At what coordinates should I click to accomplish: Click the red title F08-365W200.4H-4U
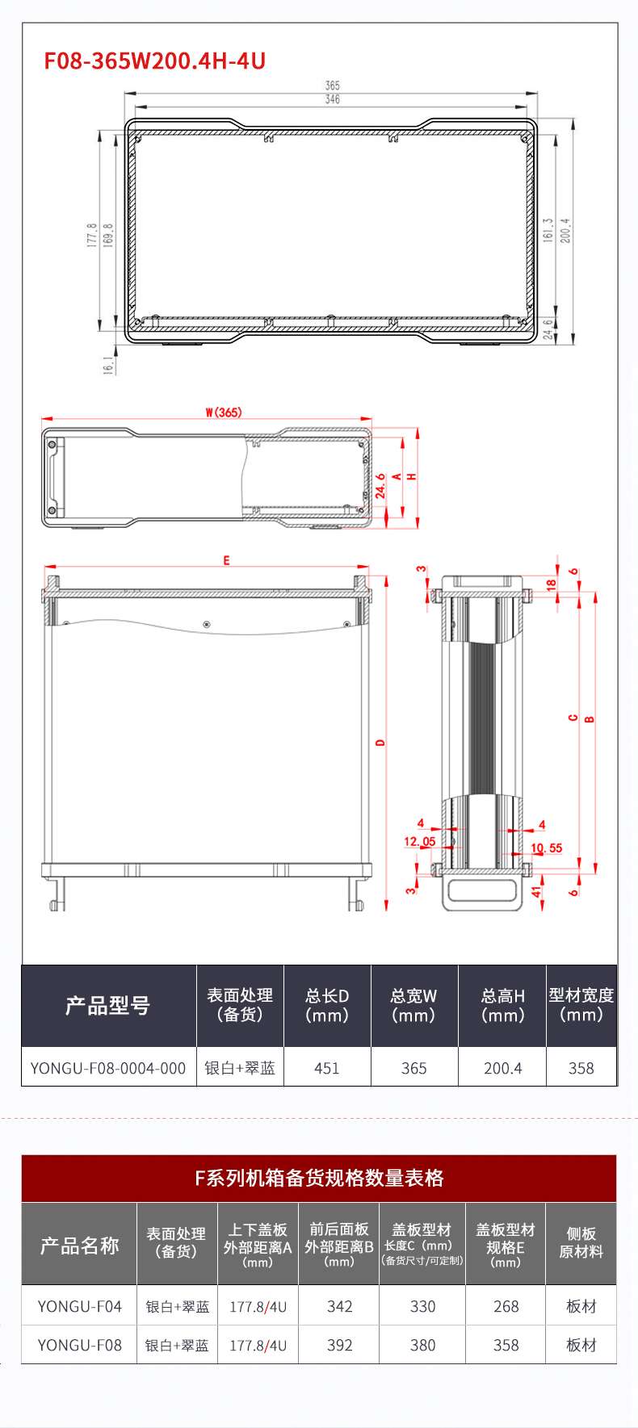click(154, 61)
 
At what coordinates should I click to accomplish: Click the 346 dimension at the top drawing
click(332, 99)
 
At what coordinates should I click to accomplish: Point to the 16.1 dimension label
click(108, 365)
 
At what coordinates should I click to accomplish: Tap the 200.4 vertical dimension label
click(565, 230)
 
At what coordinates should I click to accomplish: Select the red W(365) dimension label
click(223, 412)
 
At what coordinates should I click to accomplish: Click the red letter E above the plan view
click(226, 560)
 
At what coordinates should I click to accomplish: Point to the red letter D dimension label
click(380, 742)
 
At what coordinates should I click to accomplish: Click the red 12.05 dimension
click(419, 841)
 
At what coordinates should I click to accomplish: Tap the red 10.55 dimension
click(547, 848)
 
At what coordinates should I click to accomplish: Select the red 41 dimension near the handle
click(535, 892)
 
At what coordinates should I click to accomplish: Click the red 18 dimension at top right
click(551, 584)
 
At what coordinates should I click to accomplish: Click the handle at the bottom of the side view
click(481, 893)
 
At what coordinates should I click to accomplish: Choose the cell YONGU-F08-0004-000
click(108, 1068)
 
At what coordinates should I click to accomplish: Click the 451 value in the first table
click(327, 1068)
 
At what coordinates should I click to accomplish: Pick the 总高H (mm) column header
click(502, 1005)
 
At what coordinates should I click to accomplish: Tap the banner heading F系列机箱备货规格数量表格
click(319, 1178)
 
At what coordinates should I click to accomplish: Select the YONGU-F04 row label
click(79, 1306)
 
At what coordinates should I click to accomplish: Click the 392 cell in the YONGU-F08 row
click(339, 1345)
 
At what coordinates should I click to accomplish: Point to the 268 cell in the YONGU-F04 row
click(506, 1306)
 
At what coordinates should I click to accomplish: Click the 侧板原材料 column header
click(581, 1243)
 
